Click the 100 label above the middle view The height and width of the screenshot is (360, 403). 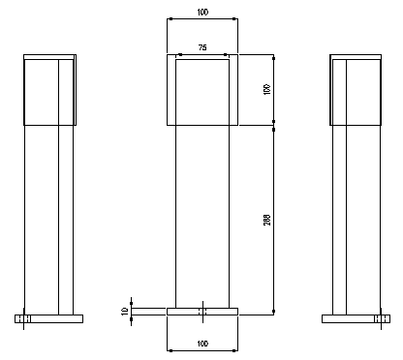202,13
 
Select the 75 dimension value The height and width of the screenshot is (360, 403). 202,47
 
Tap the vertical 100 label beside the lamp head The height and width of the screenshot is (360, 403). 266,89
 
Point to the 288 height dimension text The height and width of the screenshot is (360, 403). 267,220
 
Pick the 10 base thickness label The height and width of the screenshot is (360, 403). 125,312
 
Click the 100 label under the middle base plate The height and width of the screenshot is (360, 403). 202,344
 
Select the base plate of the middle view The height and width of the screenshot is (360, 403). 202,312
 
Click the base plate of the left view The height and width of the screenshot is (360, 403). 48,318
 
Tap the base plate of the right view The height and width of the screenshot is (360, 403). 356,318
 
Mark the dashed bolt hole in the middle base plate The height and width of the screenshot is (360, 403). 202,312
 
